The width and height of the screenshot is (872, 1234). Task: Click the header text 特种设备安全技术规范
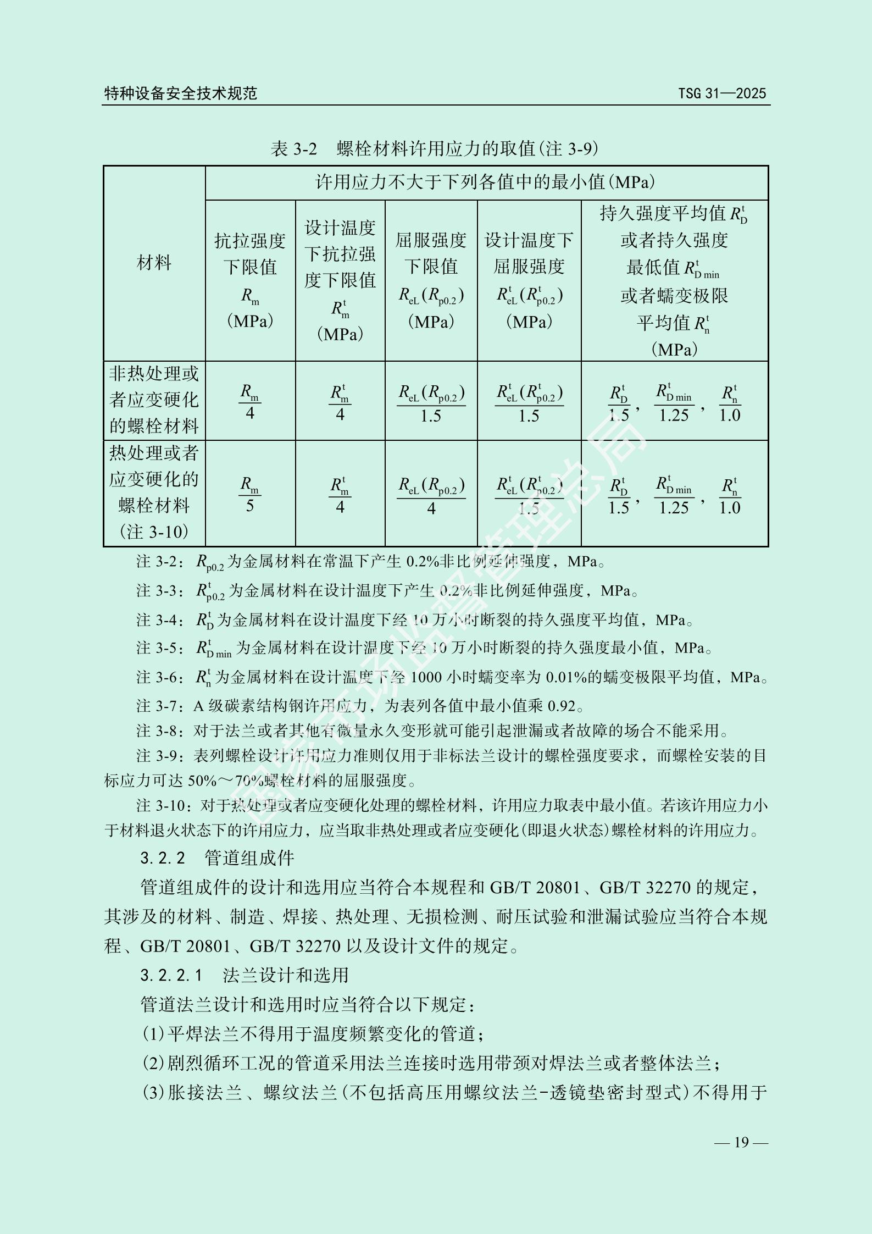181,93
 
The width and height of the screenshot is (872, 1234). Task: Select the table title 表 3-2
294,148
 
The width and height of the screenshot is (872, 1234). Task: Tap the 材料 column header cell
154,263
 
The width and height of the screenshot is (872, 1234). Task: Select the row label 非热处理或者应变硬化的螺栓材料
154,400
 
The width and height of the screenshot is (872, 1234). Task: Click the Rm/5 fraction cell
250,495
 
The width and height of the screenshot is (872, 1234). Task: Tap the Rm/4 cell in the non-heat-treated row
250,402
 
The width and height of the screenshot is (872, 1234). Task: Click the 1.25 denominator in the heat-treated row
674,508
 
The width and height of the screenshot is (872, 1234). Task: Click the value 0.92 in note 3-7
562,706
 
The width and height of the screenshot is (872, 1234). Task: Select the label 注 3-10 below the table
165,806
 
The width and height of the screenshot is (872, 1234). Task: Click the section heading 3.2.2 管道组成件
217,858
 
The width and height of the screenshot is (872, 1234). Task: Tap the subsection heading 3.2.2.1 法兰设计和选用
245,975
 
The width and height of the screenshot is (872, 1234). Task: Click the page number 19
741,1142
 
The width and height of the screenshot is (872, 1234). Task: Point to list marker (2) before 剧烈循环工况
153,1064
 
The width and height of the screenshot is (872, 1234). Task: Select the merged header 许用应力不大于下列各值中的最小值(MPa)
486,182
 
